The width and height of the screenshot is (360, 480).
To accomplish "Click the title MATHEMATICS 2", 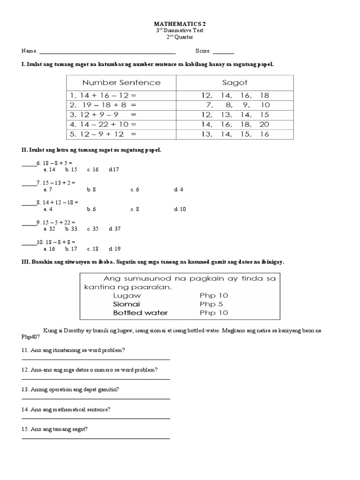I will [180, 22].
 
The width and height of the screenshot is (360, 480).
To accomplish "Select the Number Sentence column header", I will [121, 82].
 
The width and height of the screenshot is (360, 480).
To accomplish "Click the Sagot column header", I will [234, 82].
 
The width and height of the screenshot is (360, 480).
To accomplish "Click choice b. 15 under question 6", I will [71, 170].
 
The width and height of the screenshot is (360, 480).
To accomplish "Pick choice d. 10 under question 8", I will [180, 209].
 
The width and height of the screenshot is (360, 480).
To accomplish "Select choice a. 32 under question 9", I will [49, 229].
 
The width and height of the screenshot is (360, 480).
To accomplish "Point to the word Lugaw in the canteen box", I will [127, 296].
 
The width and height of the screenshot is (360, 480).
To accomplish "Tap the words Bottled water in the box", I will [140, 313].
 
